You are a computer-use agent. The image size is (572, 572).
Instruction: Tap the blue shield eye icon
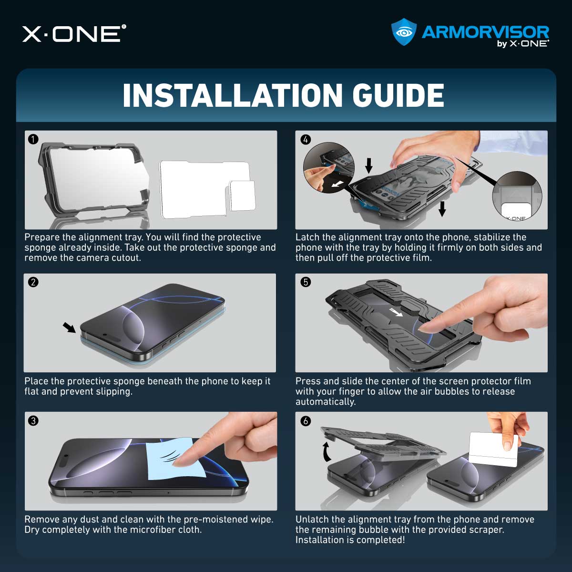(x=404, y=32)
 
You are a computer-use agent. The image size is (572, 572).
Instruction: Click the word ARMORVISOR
(x=485, y=32)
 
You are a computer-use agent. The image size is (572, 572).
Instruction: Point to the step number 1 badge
(x=33, y=139)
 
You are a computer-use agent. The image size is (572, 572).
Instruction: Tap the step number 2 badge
(x=33, y=282)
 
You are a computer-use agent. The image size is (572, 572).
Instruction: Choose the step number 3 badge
(x=33, y=420)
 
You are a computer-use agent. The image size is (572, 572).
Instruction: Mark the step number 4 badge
(x=306, y=139)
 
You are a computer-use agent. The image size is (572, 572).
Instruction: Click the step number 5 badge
(x=306, y=282)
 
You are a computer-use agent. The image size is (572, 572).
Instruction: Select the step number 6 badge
(x=306, y=420)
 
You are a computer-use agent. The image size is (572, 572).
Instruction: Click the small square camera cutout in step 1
(x=242, y=195)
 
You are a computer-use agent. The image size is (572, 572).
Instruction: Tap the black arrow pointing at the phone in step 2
(x=69, y=327)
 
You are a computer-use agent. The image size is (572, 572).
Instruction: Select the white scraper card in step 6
(x=493, y=449)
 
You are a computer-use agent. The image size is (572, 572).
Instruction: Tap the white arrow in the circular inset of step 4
(x=337, y=184)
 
